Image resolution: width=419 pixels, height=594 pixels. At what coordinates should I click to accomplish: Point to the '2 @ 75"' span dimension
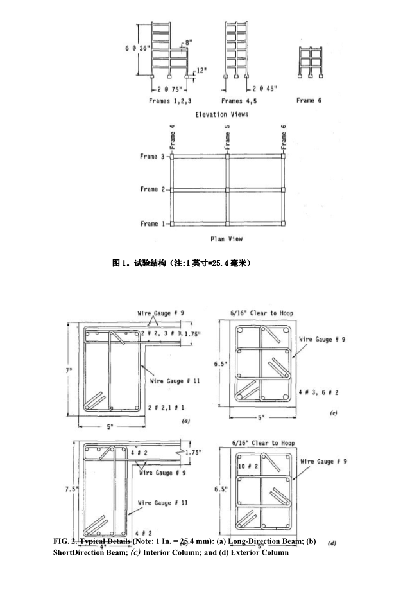point(168,89)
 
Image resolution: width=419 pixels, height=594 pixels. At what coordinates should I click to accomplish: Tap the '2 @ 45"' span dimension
point(264,89)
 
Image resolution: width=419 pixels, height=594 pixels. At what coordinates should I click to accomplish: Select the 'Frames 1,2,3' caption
point(170,101)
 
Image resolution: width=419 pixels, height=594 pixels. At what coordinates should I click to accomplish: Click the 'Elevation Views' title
point(221,114)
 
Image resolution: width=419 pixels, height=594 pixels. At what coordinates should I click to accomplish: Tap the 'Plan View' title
point(227,239)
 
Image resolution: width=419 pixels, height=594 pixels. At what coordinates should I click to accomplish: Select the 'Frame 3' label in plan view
point(153,156)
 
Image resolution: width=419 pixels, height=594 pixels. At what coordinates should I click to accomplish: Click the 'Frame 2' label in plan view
point(153,189)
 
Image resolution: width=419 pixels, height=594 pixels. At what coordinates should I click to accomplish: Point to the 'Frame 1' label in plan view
point(153,223)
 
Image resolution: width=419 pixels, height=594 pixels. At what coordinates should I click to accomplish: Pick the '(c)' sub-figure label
point(333,414)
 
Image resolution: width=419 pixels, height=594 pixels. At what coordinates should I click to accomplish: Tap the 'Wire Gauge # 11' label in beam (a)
point(175,381)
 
